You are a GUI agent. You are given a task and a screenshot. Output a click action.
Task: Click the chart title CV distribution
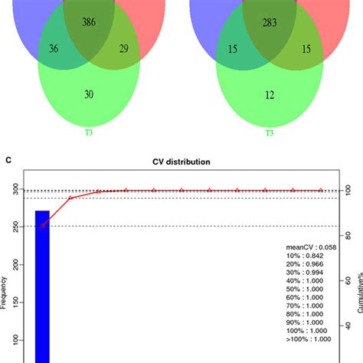pos(181,162)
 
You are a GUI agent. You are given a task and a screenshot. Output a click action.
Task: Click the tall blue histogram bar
pos(42,283)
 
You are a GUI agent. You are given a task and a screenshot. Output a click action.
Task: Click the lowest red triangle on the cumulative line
pos(43,226)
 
